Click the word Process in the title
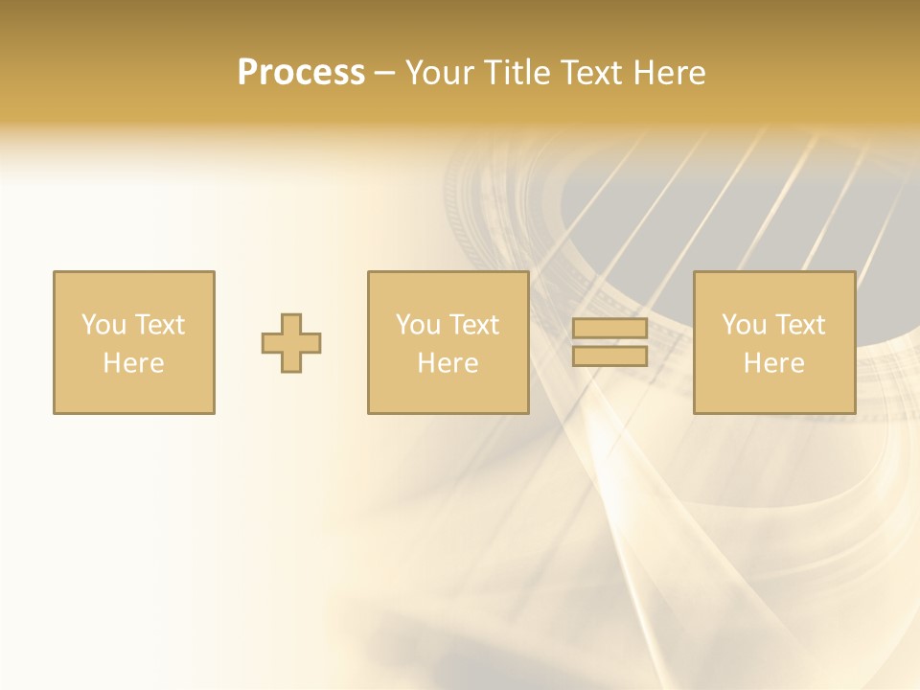[301, 73]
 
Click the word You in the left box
[103, 325]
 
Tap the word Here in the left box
[133, 363]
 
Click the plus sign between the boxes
[291, 343]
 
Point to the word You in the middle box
[418, 325]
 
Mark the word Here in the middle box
[448, 363]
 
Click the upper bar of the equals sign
[609, 329]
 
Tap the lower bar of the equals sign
[609, 356]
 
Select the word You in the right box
[744, 325]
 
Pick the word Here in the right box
[773, 363]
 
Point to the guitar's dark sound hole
[671, 220]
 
